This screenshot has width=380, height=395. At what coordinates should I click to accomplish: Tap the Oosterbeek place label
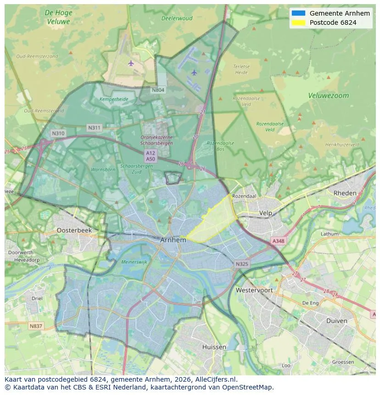pyautogui.click(x=74, y=230)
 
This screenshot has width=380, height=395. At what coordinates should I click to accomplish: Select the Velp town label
pyautogui.click(x=266, y=213)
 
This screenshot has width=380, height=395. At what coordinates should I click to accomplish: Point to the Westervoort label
pyautogui.click(x=254, y=290)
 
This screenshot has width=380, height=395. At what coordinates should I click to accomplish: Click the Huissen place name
pyautogui.click(x=214, y=347)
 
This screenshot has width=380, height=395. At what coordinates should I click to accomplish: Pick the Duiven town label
pyautogui.click(x=336, y=321)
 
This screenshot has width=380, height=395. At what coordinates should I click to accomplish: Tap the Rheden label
pyautogui.click(x=345, y=193)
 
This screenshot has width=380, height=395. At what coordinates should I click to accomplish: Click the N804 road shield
pyautogui.click(x=158, y=90)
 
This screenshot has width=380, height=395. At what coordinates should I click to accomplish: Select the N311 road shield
pyautogui.click(x=95, y=128)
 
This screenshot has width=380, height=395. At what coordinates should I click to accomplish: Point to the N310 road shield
pyautogui.click(x=58, y=134)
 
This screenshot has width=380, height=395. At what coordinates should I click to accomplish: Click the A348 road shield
pyautogui.click(x=278, y=241)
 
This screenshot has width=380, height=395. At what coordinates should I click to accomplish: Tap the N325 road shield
pyautogui.click(x=242, y=264)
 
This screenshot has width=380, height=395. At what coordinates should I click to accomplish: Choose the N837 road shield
pyautogui.click(x=35, y=326)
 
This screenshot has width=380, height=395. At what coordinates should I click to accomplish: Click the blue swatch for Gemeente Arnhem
pyautogui.click(x=298, y=13)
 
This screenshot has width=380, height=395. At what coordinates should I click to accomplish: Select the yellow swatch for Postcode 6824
pyautogui.click(x=298, y=22)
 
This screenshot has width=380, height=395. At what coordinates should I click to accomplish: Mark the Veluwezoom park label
pyautogui.click(x=328, y=96)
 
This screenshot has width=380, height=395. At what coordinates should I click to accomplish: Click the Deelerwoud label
pyautogui.click(x=177, y=19)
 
